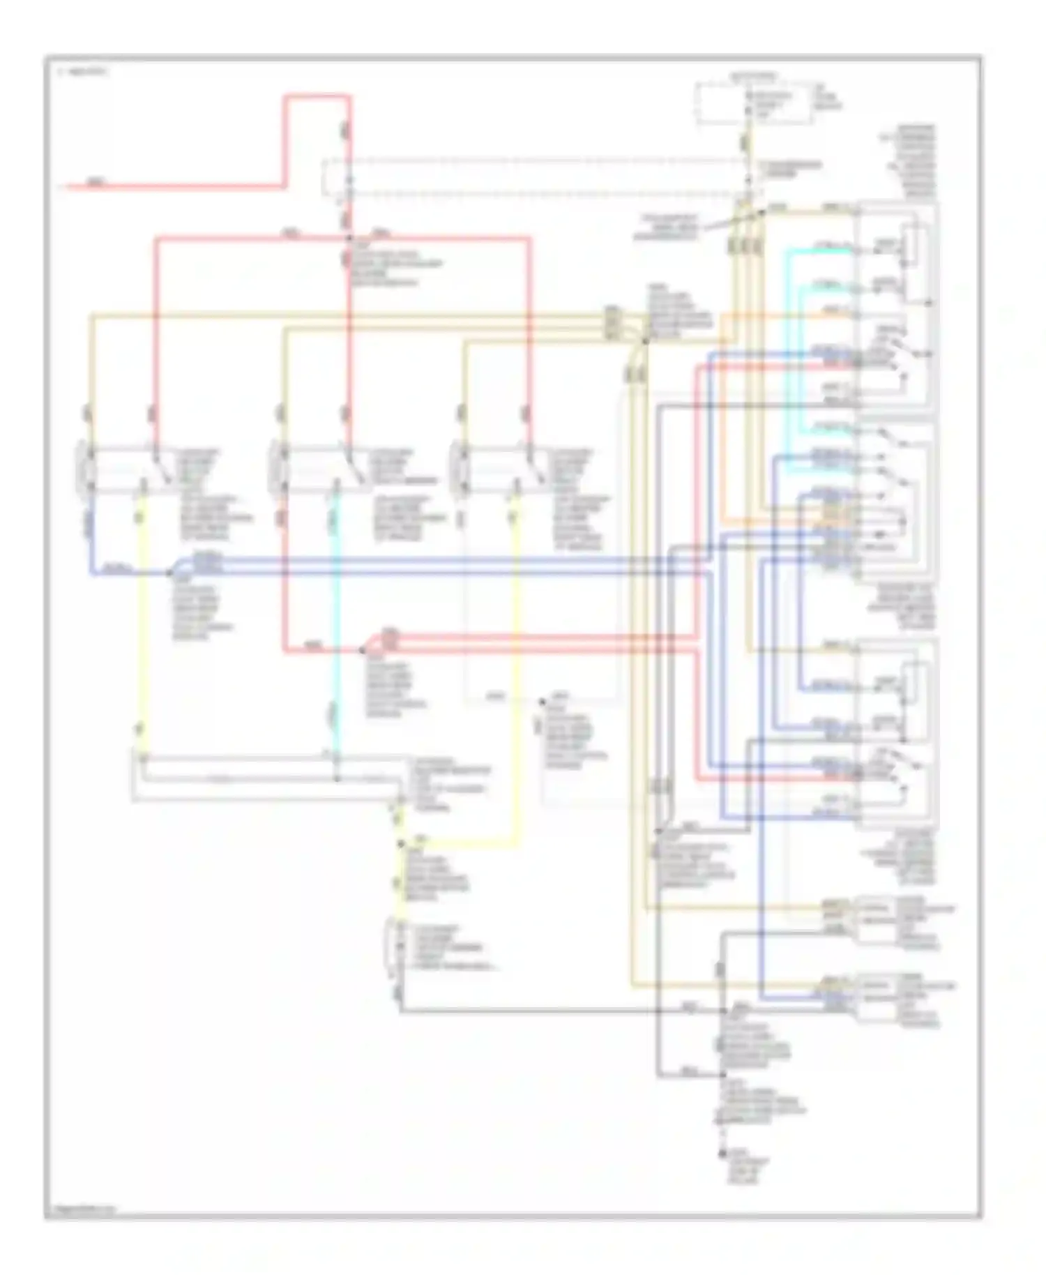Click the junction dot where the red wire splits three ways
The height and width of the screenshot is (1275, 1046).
(x=349, y=238)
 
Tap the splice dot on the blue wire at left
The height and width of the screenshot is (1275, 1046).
(x=169, y=573)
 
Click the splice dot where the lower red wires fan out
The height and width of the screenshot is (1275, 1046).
(x=362, y=650)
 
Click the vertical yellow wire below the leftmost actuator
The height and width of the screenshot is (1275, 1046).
(x=142, y=628)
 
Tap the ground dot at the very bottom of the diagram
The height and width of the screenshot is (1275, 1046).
(x=722, y=1154)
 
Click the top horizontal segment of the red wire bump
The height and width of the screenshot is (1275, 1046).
(x=317, y=96)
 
